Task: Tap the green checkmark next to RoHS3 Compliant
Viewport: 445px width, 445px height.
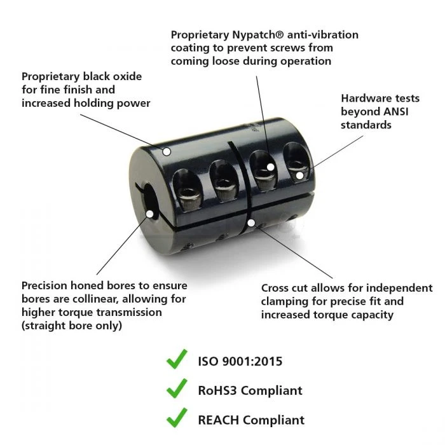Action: coord(177,388)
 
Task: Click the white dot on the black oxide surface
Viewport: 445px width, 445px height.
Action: coord(167,151)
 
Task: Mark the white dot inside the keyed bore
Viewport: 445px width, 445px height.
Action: coord(150,214)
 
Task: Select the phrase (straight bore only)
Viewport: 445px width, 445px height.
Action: coord(72,325)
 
